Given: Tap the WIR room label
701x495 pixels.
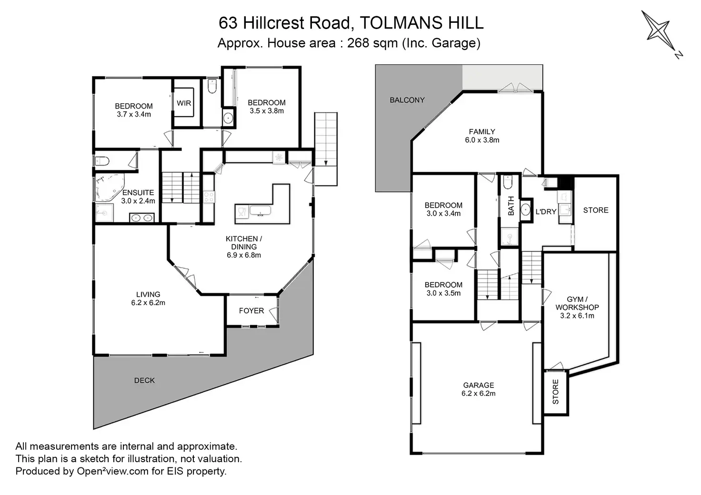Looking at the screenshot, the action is click(x=184, y=103).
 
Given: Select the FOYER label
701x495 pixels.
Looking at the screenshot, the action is click(x=251, y=311).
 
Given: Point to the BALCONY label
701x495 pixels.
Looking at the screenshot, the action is click(x=407, y=100).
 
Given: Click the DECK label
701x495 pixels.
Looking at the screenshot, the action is click(x=144, y=380).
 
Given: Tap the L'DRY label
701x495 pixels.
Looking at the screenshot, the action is click(x=546, y=212).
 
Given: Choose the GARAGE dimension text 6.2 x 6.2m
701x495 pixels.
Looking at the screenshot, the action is click(x=479, y=394).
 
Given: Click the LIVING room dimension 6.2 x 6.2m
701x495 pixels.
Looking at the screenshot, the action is click(x=148, y=303).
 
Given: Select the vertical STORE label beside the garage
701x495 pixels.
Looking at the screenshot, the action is click(x=556, y=392).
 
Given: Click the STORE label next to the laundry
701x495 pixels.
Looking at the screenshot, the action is click(x=596, y=210).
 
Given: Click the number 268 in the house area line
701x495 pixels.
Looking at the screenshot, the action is click(x=359, y=43).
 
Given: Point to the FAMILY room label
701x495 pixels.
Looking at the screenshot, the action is click(x=482, y=132).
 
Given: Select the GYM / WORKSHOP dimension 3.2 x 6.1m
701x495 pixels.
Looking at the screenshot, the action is click(x=577, y=316).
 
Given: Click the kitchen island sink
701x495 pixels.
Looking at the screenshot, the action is click(x=260, y=212).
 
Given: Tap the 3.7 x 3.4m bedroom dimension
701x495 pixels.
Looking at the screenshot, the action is click(x=134, y=114).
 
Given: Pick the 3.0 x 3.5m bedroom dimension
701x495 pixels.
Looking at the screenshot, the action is click(x=443, y=293).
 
